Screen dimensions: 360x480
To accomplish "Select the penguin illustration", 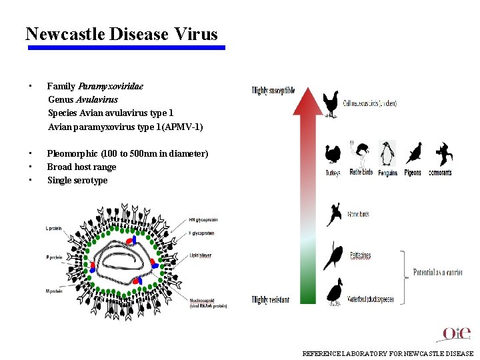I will pos(387,153).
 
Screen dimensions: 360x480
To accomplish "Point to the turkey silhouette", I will pos(333,154).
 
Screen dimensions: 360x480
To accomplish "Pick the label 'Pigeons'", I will pos(413,173).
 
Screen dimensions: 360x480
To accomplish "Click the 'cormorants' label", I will pos(439,173).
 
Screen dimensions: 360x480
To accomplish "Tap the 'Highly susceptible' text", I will pos(273,91).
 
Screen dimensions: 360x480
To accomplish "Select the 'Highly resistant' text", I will pos(271,300).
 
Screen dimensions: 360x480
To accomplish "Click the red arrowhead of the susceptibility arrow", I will pos(307,100).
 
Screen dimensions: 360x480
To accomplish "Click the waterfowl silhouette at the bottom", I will pos(334,291).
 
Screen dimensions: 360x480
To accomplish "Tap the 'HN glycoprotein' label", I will pos(203,220).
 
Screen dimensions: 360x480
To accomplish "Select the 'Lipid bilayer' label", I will pos(200,255).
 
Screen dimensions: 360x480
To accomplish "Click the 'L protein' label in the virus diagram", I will pos(54,229).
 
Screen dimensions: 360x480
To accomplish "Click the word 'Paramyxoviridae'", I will pos(111,86).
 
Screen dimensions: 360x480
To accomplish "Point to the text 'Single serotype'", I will pos(77,180).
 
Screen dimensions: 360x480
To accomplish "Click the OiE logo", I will pos(457,333).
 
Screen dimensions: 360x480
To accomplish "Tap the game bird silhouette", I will pos(334,215).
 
